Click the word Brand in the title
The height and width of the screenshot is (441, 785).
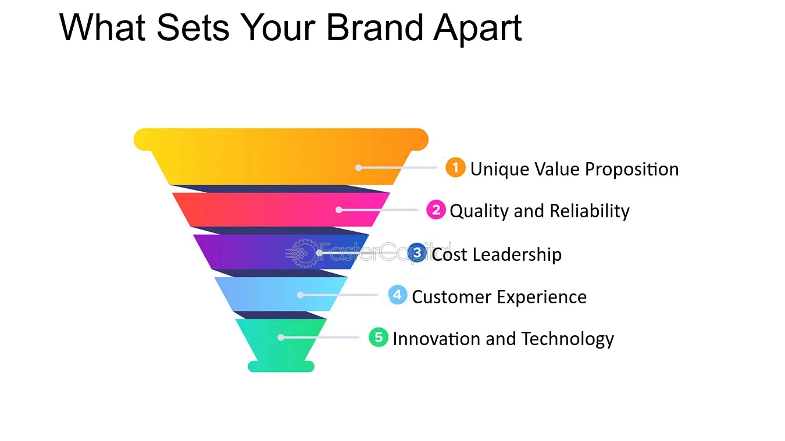[x=374, y=27]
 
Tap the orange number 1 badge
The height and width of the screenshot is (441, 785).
[x=455, y=167]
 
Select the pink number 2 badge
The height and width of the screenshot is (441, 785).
[x=436, y=210]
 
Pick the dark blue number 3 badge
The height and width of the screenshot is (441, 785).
[x=417, y=253]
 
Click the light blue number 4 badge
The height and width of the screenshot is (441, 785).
[x=397, y=295]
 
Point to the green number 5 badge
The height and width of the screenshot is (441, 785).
[x=379, y=337]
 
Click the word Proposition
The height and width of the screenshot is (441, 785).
[x=632, y=170]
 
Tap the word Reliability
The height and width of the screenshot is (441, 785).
[x=590, y=211]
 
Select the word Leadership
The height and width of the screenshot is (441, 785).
[x=517, y=254]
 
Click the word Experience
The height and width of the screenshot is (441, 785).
[x=542, y=297]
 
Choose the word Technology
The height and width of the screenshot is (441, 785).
[x=568, y=339]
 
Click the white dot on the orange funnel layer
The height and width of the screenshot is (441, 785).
[x=359, y=168]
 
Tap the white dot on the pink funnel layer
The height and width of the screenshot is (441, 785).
[x=339, y=210]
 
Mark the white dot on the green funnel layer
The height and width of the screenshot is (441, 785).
[x=281, y=338]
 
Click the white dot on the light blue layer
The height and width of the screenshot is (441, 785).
[x=300, y=295]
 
